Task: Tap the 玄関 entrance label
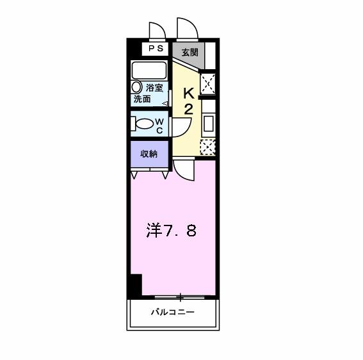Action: pyautogui.click(x=189, y=53)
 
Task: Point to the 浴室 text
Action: pyautogui.click(x=154, y=88)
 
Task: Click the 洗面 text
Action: pyautogui.click(x=142, y=100)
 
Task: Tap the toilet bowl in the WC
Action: pyautogui.click(x=145, y=124)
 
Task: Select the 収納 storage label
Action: pyautogui.click(x=149, y=153)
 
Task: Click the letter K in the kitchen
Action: pyautogui.click(x=189, y=92)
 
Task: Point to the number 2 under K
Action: pyautogui.click(x=189, y=108)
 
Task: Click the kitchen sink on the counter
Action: pyautogui.click(x=208, y=123)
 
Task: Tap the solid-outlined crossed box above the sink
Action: pyautogui.click(x=207, y=85)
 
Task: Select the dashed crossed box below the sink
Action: pyautogui.click(x=207, y=147)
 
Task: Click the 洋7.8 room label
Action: pyautogui.click(x=172, y=231)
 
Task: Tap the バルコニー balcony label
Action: pyautogui.click(x=172, y=313)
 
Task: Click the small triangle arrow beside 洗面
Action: pyautogui.click(x=165, y=102)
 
